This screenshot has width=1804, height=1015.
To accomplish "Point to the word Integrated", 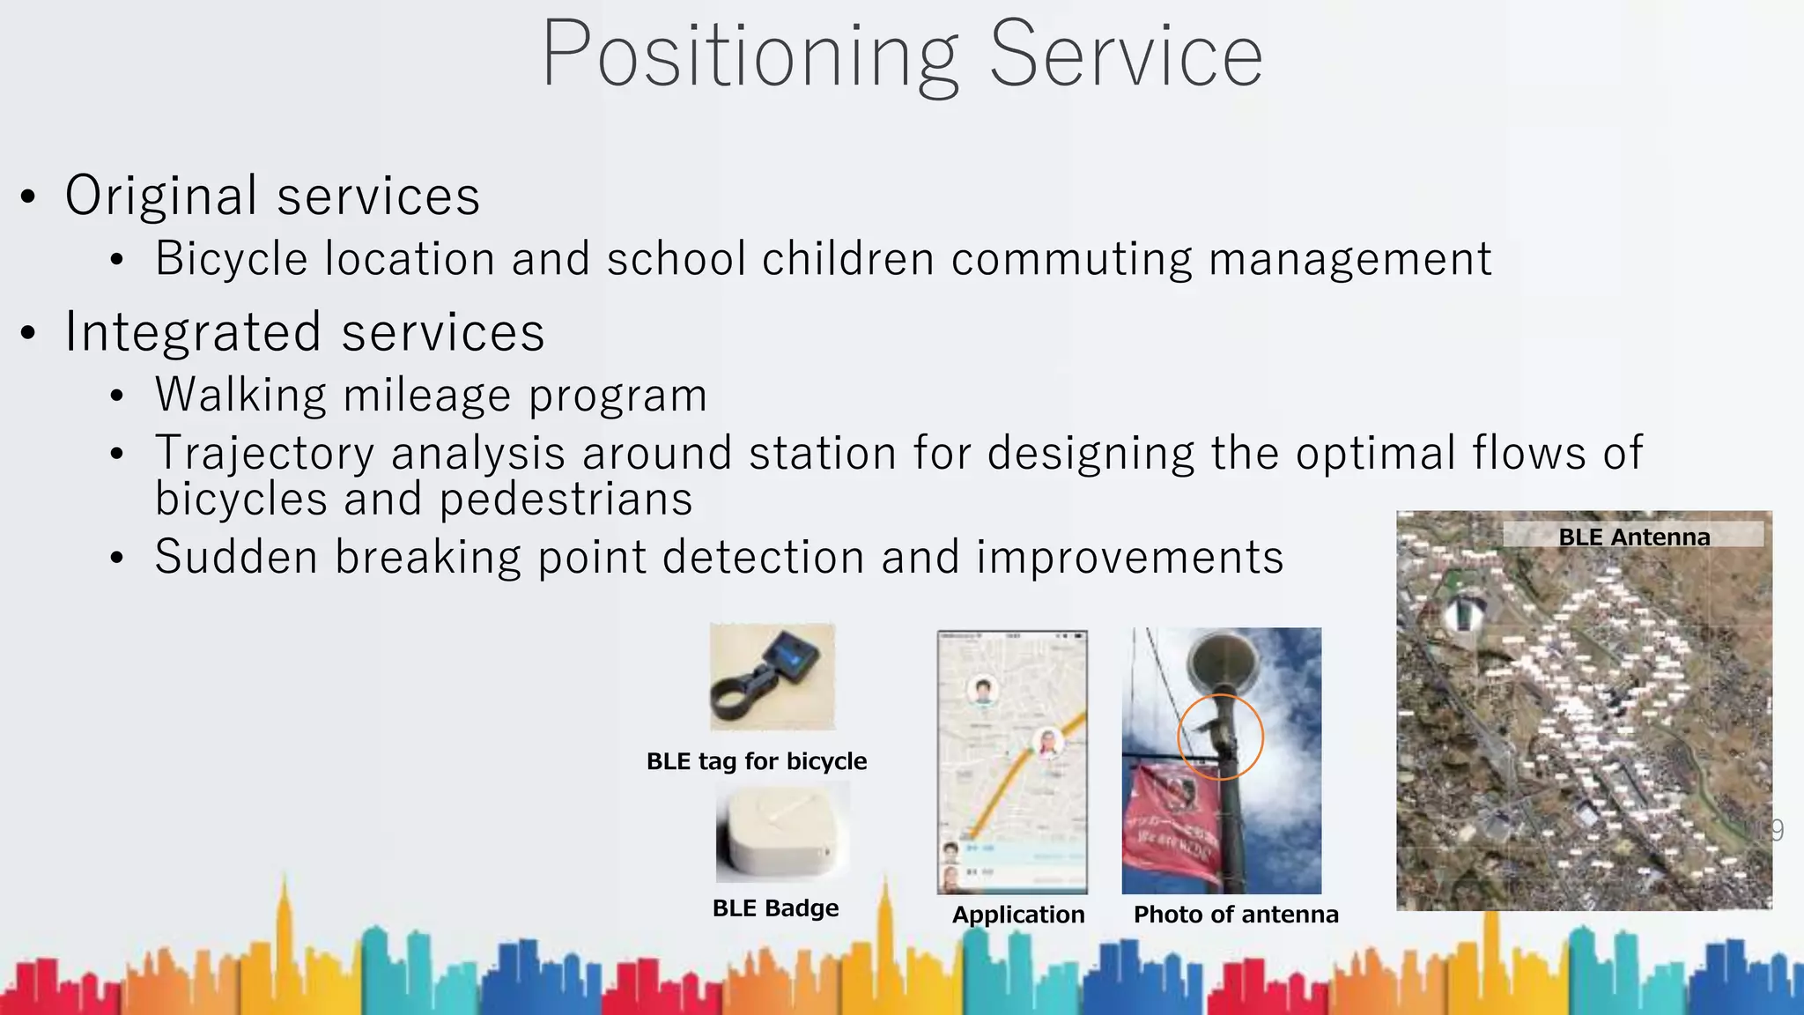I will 193,333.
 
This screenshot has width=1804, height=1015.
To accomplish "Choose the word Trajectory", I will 264,454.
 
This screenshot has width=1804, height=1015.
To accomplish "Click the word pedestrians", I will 566,500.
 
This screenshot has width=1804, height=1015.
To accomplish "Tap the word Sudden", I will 236,558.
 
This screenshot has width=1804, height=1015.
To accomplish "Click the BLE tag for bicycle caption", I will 757,761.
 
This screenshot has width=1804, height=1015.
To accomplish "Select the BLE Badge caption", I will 775,908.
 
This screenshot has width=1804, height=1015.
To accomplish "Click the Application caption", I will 1018,915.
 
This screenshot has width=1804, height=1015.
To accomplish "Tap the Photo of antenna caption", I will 1235,915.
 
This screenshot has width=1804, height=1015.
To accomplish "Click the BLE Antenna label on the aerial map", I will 1633,537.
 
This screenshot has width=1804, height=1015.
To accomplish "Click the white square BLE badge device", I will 782,833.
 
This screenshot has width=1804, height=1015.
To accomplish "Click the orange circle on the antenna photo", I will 1220,737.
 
